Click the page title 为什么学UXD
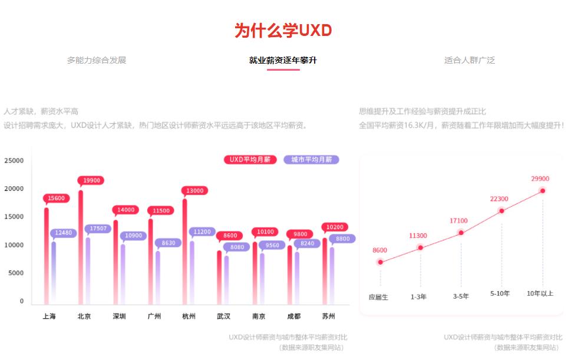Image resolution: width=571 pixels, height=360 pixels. (283, 31)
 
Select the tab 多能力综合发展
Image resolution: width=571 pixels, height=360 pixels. (97, 60)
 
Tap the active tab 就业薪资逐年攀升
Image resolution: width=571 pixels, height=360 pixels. (283, 60)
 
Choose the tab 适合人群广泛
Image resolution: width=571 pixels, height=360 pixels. (470, 60)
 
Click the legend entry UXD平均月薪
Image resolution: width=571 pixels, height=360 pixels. (250, 160)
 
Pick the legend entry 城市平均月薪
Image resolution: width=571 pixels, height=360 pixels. (311, 160)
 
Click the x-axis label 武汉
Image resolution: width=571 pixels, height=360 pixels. (223, 316)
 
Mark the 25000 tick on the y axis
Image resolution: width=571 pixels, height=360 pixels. (14, 160)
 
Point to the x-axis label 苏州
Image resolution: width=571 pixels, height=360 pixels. (329, 316)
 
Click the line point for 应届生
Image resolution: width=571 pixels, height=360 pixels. (381, 262)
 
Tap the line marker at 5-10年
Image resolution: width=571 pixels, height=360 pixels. (501, 211)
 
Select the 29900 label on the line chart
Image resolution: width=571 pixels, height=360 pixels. (540, 179)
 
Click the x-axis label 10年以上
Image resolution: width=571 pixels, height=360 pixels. (540, 293)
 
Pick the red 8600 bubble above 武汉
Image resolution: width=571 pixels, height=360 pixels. (230, 236)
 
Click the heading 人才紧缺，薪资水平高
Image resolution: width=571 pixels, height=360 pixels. (41, 111)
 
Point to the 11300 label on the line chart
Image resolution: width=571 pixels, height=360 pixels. (418, 236)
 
